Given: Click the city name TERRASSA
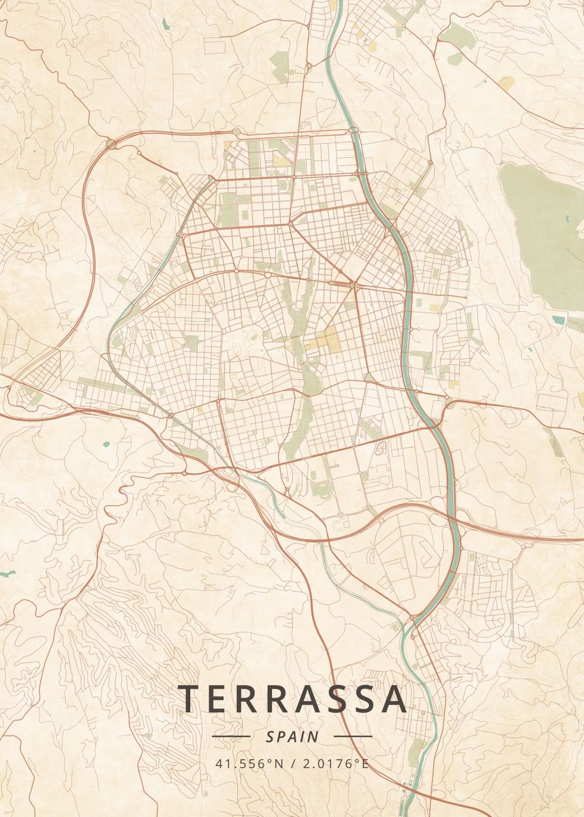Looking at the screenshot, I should click(293, 699).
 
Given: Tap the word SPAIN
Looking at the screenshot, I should click(292, 737).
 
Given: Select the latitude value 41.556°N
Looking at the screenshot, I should click(249, 763).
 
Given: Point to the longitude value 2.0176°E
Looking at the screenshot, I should click(335, 763).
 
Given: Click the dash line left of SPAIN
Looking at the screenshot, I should click(231, 737).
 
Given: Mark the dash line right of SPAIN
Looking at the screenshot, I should click(353, 737).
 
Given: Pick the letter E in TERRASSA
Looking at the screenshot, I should click(220, 699).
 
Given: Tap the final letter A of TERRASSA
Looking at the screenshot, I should click(395, 699).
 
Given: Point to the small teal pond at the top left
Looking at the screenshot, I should click(166, 24).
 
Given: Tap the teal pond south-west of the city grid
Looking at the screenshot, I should click(106, 445).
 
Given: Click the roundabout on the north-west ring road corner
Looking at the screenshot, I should click(110, 144).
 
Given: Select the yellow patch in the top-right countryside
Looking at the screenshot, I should click(506, 83).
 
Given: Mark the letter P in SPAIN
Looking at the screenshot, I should click(280, 737).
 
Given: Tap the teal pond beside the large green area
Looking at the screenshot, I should click(559, 319).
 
